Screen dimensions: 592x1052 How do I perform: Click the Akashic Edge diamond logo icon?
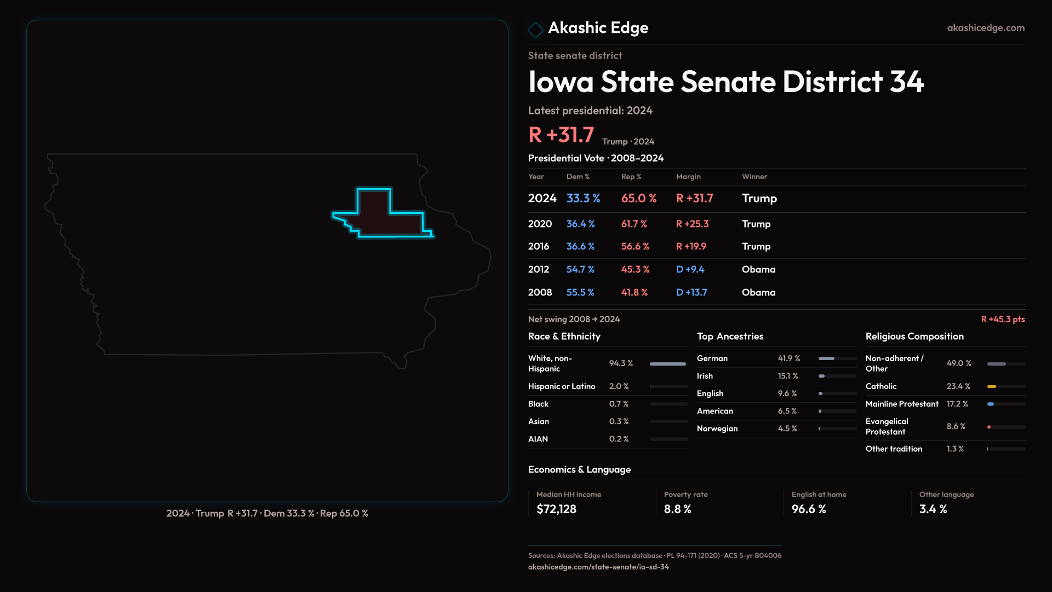pos(535,30)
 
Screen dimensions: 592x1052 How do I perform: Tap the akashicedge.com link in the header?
pos(986,28)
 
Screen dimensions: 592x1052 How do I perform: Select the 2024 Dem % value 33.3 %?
pos(583,198)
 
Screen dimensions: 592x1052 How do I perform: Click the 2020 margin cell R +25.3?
pos(692,224)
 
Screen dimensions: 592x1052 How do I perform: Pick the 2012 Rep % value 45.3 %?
pos(635,270)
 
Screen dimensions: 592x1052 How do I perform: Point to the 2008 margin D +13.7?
pos(691,293)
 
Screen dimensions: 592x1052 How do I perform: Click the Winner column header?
pos(754,177)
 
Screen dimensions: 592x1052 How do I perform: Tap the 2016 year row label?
pos(539,247)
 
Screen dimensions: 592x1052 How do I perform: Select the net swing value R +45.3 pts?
pos(1003,319)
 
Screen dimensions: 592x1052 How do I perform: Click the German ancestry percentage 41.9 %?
pos(789,358)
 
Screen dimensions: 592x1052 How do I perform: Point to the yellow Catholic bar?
pos(992,386)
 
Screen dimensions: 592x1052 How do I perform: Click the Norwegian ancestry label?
pos(717,429)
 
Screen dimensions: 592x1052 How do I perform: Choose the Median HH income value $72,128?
pos(556,509)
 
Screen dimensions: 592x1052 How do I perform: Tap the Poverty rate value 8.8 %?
pos(677,509)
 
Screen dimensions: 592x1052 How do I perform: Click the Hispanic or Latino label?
pos(562,386)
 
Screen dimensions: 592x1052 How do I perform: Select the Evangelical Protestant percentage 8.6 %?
pos(956,426)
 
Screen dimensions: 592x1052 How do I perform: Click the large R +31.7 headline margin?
pos(561,135)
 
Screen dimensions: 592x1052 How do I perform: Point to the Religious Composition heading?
pos(914,337)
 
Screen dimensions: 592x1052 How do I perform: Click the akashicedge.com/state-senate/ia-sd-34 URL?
pos(598,567)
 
